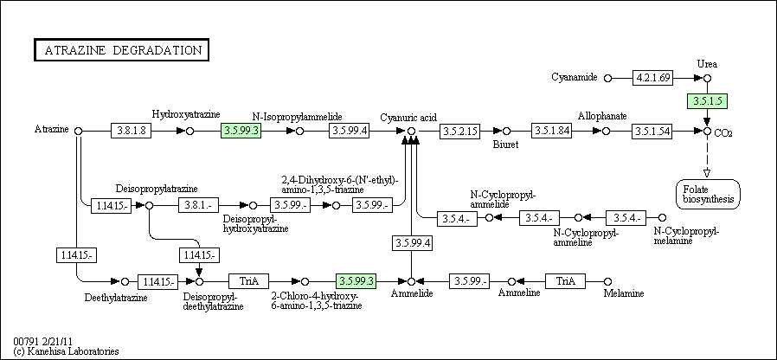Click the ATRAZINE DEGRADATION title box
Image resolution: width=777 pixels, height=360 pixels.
121,49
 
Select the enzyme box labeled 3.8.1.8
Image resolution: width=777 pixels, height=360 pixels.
132,131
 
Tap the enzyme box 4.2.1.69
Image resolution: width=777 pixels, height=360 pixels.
653,78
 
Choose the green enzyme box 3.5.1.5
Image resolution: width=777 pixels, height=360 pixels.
706,101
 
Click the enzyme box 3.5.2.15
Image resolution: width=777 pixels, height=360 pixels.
459,131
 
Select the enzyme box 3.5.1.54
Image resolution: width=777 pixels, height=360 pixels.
653,131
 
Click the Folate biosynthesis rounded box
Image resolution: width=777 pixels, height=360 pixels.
707,194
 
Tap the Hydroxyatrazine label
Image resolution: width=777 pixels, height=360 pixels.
186,113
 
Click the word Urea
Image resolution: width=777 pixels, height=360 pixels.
707,64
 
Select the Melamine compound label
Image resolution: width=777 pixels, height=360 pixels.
623,294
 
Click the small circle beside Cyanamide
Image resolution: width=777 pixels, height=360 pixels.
607,78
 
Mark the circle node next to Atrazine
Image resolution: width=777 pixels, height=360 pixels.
79,131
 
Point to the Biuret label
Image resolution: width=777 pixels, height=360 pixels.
505,145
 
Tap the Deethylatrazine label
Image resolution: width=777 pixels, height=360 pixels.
116,297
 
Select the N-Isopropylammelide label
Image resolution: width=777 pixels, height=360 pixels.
298,116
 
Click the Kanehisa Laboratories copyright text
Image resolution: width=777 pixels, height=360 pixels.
66,351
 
